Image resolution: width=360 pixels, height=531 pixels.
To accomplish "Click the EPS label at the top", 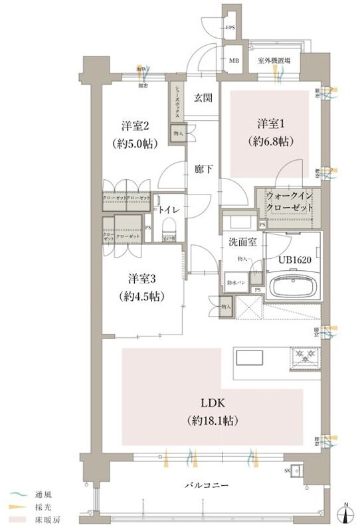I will [230, 28].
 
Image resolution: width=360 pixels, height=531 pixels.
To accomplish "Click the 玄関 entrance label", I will [203, 98].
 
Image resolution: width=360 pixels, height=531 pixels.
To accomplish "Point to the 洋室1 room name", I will [272, 123].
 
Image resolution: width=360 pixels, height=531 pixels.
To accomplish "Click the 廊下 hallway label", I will [203, 169].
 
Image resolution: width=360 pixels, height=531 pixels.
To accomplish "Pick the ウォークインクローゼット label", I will [289, 201].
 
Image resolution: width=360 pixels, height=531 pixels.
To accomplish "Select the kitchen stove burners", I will [306, 358].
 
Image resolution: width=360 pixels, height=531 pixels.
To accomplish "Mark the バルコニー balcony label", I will [206, 486].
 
